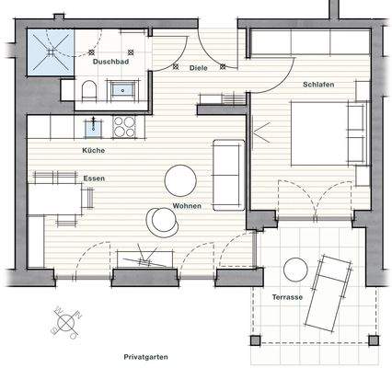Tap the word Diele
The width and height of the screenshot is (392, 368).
(198, 68)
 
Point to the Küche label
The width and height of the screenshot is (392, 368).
(93, 149)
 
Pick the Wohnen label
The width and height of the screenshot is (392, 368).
(186, 204)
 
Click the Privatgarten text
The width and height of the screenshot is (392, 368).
(150, 354)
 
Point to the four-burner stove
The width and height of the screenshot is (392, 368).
(123, 125)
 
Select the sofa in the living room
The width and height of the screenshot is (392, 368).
(228, 173)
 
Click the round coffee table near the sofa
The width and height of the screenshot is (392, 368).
(179, 177)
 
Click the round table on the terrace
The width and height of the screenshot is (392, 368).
(295, 270)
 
